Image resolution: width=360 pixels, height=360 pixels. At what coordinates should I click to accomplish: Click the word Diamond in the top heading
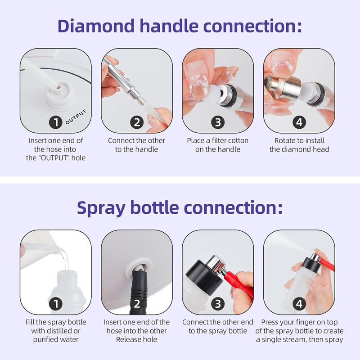96,26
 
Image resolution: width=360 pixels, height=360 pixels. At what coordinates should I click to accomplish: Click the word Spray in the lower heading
101,208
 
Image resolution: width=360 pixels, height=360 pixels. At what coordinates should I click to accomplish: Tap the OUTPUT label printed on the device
76,117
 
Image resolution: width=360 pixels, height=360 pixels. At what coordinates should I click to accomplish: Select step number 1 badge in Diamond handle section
55,122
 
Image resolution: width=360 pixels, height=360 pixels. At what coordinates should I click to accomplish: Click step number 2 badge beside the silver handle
137,122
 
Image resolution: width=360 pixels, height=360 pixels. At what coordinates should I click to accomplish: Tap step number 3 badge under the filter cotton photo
218,122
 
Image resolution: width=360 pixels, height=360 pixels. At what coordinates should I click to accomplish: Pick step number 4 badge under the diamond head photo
299,122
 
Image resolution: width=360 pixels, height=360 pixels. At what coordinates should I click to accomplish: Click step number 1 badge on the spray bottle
55,304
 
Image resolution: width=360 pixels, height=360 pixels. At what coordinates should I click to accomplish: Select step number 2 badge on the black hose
137,304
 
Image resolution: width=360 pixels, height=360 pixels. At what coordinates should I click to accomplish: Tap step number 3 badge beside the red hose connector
218,304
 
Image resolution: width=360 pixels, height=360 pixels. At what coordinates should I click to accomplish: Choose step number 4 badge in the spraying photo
299,304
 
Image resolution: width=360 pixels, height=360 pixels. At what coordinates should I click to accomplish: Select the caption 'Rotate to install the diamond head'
299,145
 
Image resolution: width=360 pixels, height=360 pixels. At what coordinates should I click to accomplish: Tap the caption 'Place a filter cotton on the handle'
218,145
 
